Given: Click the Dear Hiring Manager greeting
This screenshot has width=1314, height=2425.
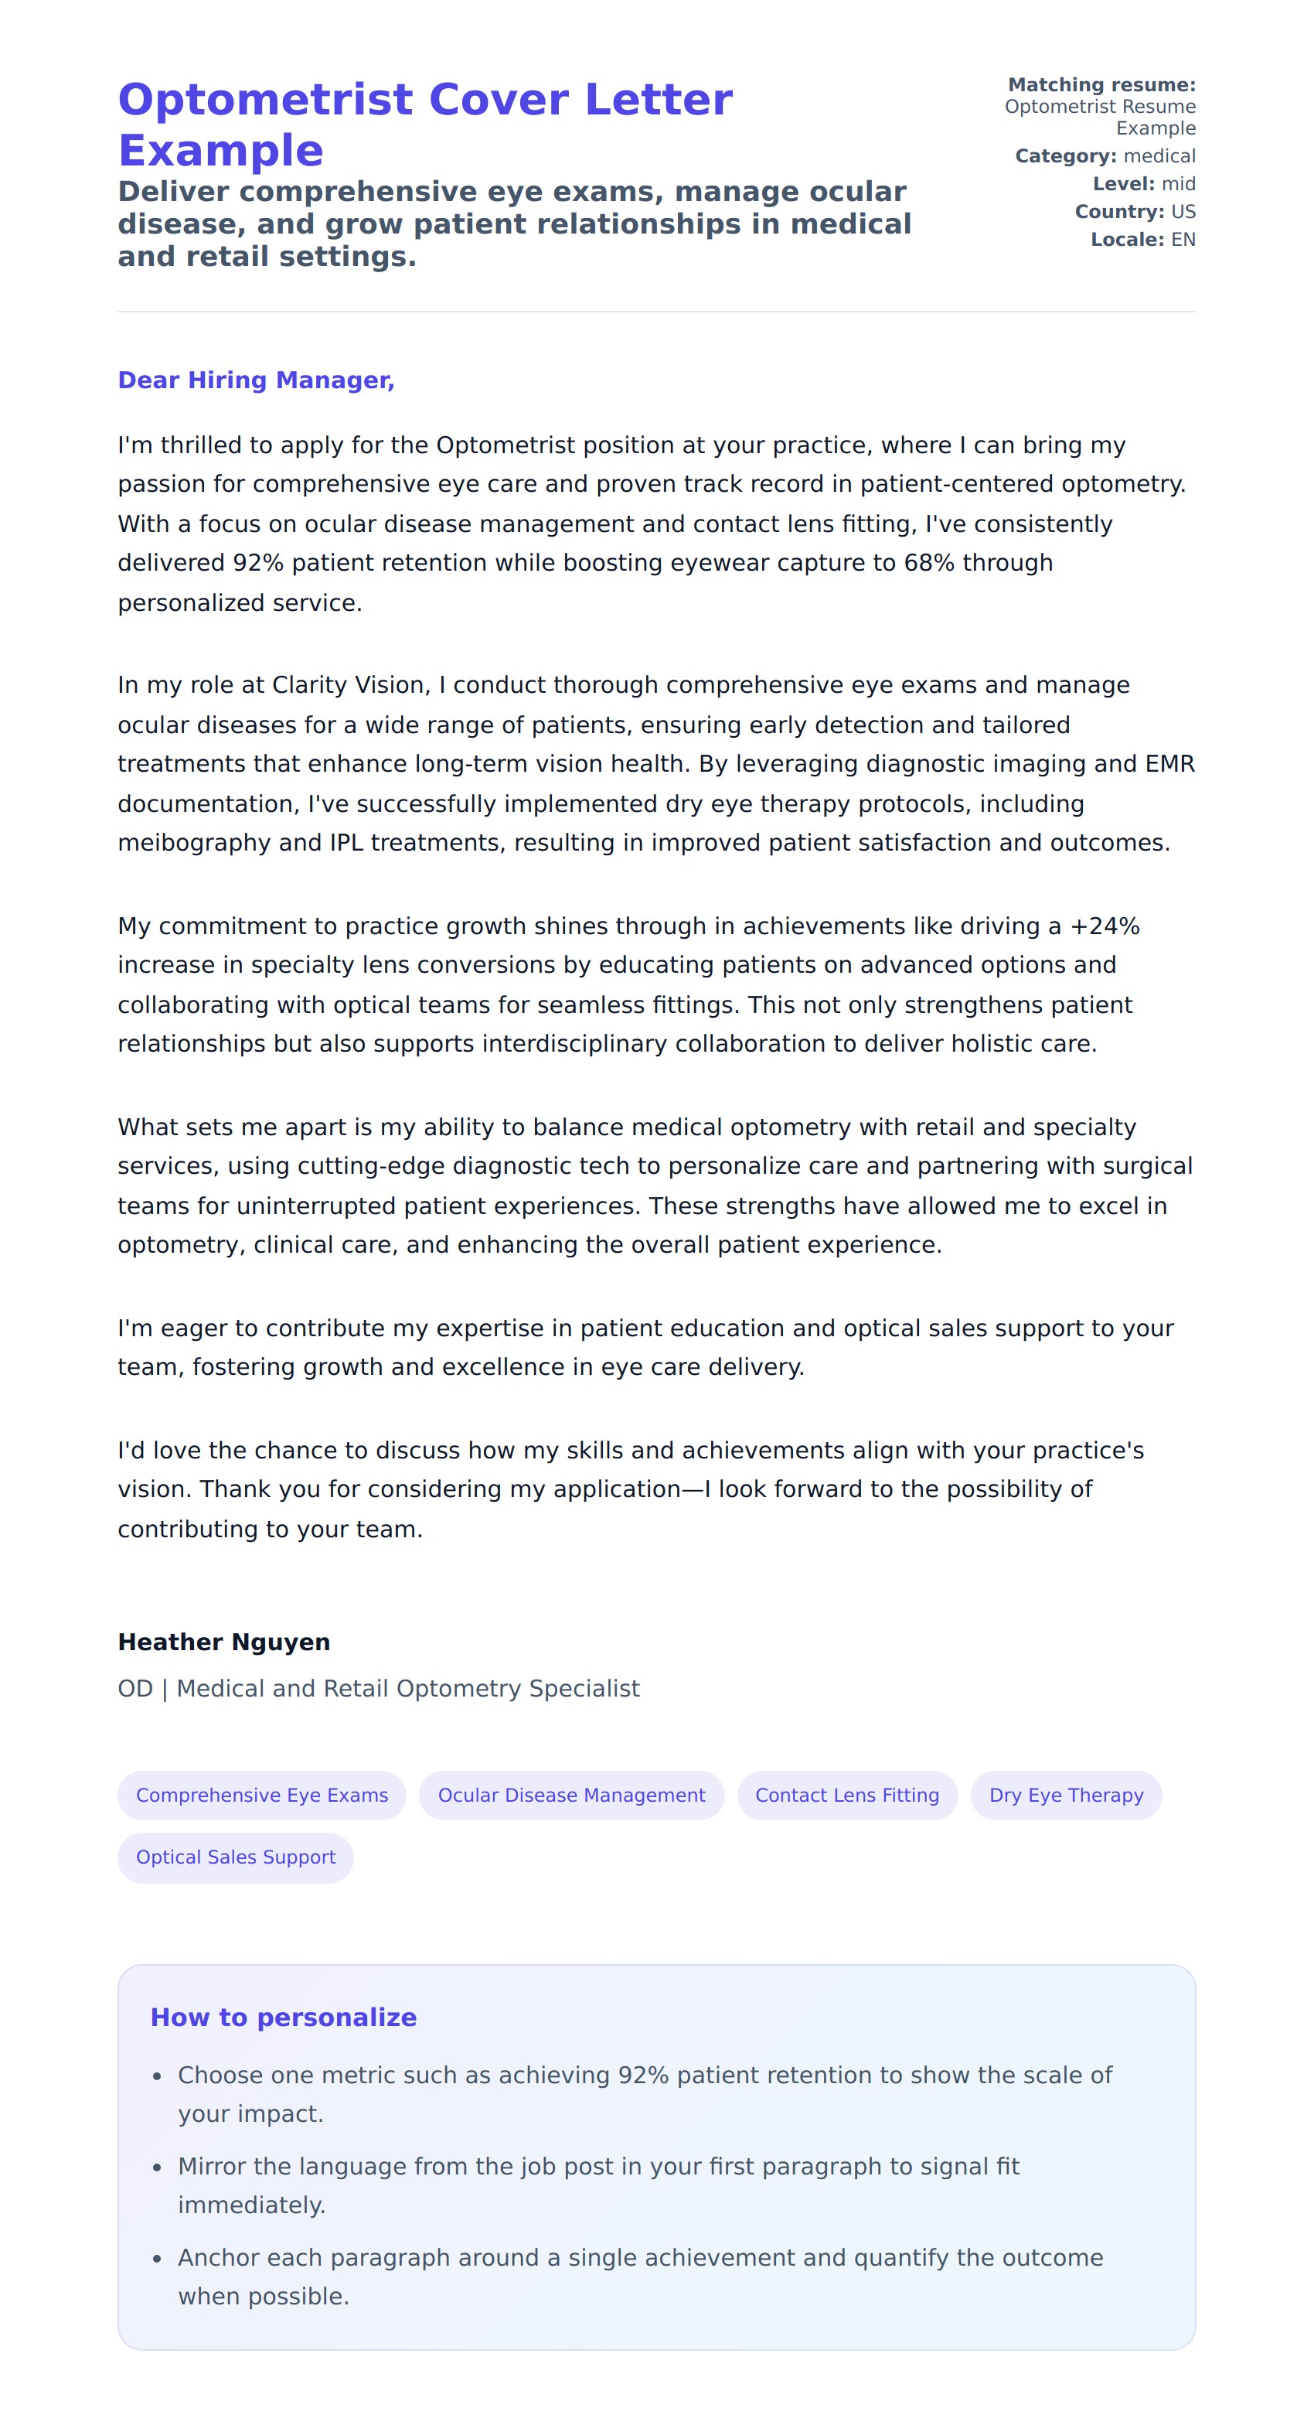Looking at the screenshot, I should (x=255, y=380).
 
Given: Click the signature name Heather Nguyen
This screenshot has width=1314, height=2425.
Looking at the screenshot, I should (x=223, y=1642).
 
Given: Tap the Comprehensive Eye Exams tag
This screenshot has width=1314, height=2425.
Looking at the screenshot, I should (x=262, y=1796).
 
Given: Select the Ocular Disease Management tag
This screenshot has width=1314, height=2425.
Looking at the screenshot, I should (x=570, y=1796).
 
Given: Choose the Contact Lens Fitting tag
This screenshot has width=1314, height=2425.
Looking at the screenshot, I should (x=846, y=1796).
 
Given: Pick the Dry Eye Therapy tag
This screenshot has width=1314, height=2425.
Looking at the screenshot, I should (x=1066, y=1796).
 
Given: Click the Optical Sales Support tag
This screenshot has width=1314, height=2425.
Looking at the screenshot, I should (x=235, y=1857).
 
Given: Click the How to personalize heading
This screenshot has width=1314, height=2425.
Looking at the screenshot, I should (x=284, y=2017).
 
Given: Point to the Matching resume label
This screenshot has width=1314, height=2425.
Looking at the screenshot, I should (x=1101, y=85).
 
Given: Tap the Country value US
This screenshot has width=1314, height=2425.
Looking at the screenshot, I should (x=1183, y=212).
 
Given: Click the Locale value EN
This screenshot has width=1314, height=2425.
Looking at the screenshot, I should (x=1183, y=239).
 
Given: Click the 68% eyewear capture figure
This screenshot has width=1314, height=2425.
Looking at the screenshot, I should (x=929, y=563).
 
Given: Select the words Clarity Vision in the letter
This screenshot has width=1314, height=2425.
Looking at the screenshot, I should (x=350, y=685).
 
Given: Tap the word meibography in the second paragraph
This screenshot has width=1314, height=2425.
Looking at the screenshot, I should (x=194, y=843).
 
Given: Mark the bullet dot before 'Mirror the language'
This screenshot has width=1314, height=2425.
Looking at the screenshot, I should (x=157, y=2167).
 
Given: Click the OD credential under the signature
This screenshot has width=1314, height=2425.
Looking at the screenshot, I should (x=134, y=1689).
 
